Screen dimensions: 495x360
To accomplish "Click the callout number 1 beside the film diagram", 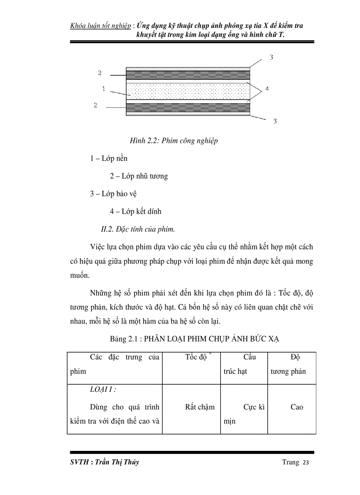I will (103, 89).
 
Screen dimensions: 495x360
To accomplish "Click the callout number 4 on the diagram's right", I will (267, 89).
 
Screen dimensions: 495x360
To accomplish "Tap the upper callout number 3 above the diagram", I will (272, 57).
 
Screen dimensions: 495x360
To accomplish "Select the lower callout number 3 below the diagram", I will (274, 121).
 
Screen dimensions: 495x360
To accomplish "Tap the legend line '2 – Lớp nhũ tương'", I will (139, 176).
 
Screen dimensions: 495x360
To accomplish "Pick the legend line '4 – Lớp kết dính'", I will (135, 212).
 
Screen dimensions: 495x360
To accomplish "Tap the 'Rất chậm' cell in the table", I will (200, 407).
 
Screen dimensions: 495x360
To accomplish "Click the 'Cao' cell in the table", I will (296, 407).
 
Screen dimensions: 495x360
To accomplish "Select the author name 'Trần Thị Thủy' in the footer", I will (116, 462).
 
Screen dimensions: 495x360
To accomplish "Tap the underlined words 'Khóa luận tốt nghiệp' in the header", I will (101, 26).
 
